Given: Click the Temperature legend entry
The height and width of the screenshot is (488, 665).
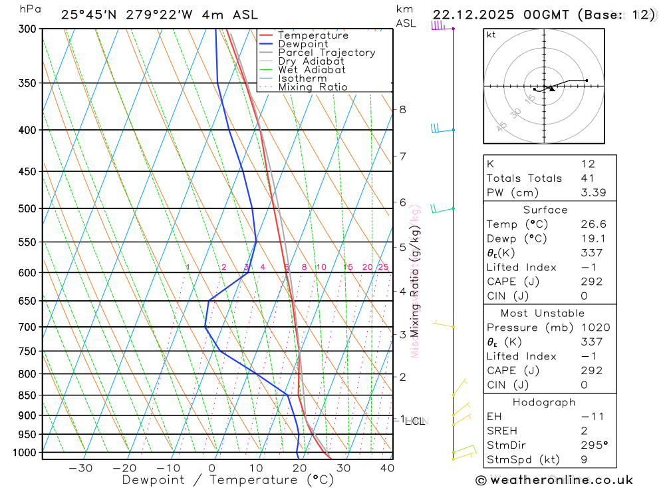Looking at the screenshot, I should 313,35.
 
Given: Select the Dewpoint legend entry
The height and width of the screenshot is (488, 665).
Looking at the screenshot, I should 303,44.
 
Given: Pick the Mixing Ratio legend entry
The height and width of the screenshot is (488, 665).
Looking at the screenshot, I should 313,87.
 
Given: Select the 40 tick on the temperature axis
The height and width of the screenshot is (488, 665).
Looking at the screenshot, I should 386,468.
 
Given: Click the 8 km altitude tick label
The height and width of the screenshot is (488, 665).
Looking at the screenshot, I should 402,109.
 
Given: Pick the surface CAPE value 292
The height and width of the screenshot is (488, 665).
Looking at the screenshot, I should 591,282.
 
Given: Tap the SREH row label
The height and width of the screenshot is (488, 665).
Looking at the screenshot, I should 500,430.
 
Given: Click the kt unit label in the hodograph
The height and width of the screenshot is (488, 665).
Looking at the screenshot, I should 491,35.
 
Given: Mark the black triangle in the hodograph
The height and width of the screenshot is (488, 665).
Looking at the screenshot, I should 552,89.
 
